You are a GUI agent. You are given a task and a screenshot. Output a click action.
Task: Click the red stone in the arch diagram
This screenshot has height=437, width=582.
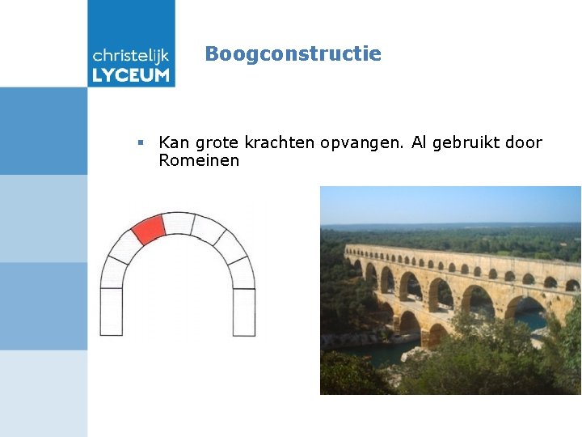pos(148,229)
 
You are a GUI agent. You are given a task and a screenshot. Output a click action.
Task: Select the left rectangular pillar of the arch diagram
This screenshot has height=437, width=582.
pos(111,312)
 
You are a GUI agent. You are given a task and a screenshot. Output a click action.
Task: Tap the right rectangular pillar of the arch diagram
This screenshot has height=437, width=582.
pos(244,312)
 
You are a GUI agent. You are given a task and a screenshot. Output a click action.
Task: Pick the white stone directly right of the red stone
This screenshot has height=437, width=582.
pos(178,223)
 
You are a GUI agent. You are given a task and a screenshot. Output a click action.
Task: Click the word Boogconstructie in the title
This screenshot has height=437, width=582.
pos(293,54)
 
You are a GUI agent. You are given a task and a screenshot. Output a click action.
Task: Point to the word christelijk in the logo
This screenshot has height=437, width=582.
pos(131,55)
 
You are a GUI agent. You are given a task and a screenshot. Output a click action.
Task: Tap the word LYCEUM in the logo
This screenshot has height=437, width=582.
pos(131,75)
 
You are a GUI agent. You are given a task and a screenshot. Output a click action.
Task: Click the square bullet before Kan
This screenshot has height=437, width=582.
pos(141,142)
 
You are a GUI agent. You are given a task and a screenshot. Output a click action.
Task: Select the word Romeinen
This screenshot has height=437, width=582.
pos(199,160)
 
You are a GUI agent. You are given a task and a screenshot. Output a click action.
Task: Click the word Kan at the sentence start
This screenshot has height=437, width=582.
pos(173,142)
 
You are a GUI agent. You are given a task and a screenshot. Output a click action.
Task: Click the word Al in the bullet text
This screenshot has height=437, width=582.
pos(420,142)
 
